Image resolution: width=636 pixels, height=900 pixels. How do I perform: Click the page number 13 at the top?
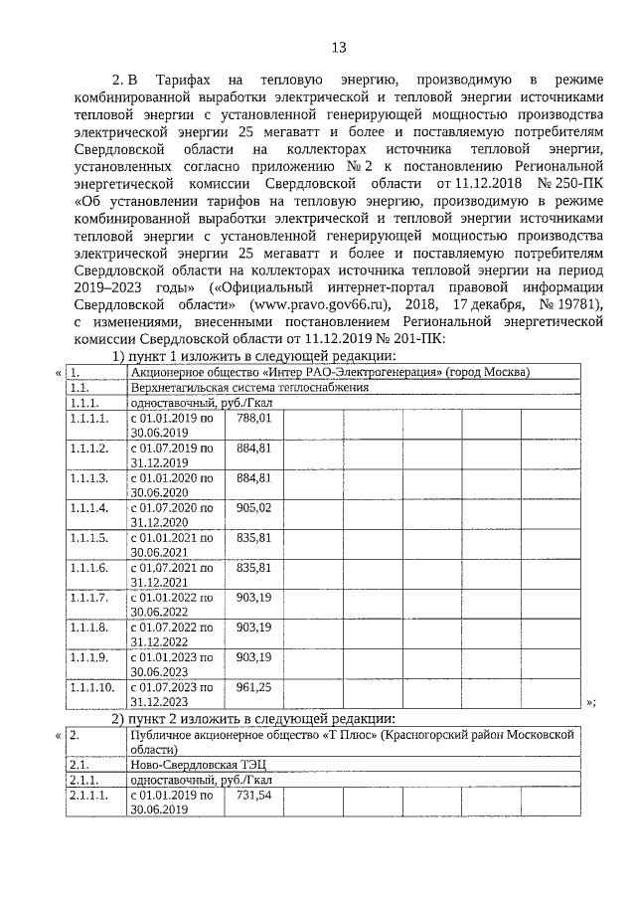(337, 47)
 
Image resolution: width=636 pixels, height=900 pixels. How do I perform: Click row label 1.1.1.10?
(92, 687)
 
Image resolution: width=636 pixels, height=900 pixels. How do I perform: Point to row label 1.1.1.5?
(89, 538)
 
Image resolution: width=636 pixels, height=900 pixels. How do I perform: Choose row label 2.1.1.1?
(89, 797)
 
